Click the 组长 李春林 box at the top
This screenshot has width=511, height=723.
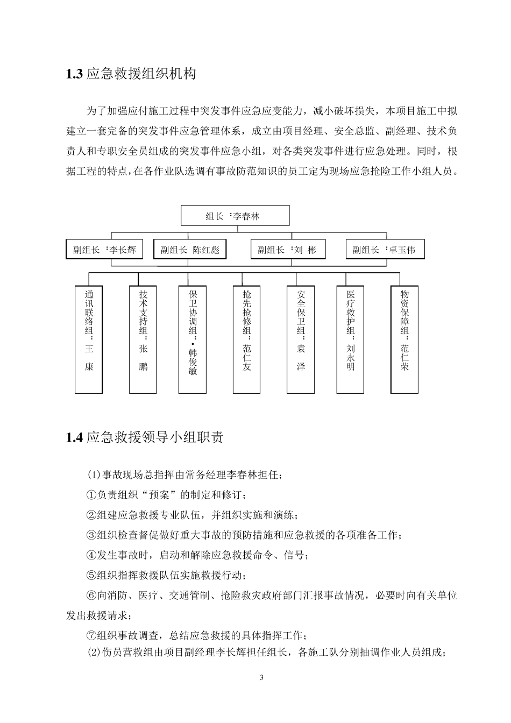[x=235, y=216]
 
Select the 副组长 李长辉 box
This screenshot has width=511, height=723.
[x=104, y=250]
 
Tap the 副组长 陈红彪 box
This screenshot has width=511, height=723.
[x=190, y=250]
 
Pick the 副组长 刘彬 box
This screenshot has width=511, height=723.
[x=288, y=250]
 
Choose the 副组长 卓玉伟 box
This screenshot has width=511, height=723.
[x=384, y=250]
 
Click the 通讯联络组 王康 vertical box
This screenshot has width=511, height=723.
[x=89, y=339]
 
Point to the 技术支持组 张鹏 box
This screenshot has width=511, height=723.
[x=143, y=339]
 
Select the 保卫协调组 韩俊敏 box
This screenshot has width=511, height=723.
[x=193, y=339]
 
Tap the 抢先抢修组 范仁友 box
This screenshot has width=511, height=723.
[x=247, y=339]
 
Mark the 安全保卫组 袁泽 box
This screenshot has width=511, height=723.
[x=301, y=339]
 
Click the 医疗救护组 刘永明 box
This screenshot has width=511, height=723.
[x=351, y=339]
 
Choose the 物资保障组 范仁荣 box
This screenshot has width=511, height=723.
[x=404, y=339]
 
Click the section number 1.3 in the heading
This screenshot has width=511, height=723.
[x=74, y=74]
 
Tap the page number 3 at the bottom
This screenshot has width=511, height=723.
[x=261, y=677]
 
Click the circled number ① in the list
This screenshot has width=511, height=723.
[x=91, y=495]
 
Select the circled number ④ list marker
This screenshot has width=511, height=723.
[x=91, y=555]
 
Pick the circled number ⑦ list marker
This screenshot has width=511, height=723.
[x=91, y=635]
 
